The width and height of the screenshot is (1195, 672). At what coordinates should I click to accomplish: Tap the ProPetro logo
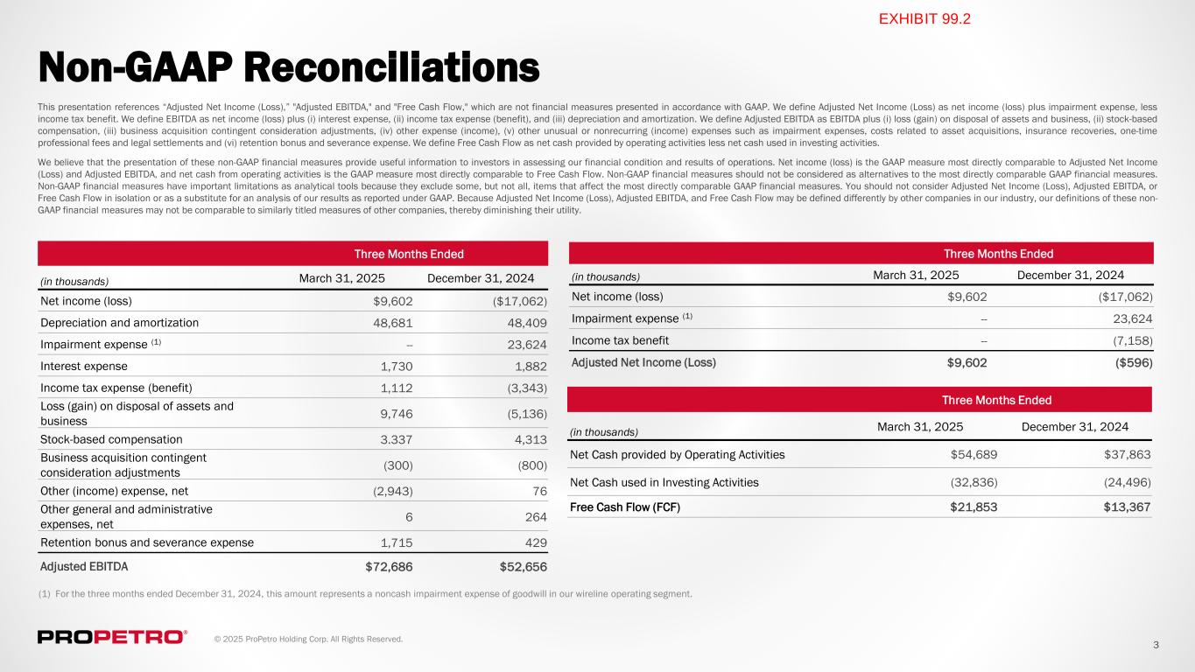tap(112, 637)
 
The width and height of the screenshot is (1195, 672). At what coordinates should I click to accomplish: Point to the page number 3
tap(1156, 645)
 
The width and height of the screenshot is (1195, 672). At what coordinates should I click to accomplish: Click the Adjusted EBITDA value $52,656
tap(517, 566)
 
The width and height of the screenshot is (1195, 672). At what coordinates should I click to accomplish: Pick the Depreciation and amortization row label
tap(119, 323)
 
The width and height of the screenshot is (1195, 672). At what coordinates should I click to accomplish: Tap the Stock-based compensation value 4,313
tap(528, 439)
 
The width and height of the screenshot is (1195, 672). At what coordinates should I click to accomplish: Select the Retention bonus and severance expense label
tap(147, 542)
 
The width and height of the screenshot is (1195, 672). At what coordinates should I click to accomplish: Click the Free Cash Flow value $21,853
tap(974, 507)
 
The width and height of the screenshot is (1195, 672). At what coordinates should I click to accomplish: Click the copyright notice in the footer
tap(308, 640)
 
